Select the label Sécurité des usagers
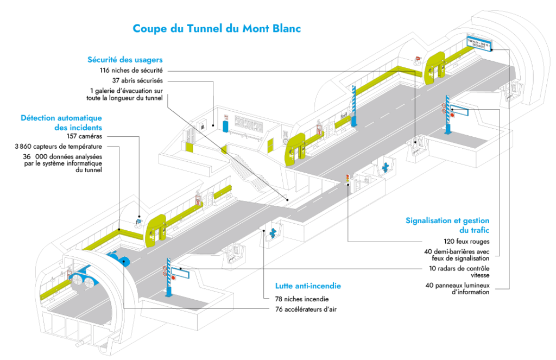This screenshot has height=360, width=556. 125,60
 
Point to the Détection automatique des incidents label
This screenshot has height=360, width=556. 61,123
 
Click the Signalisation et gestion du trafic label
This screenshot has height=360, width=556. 447,225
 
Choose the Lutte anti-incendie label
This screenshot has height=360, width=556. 308,286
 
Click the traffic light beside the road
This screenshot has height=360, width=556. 347,179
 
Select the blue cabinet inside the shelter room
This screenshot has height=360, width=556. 224,125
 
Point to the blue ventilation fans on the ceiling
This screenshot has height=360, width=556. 117,257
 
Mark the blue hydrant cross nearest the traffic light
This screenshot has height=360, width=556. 386,167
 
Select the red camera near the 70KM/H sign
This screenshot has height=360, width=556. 418,57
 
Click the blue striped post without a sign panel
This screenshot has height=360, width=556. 353,106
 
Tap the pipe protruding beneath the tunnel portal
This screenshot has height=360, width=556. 81,343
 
